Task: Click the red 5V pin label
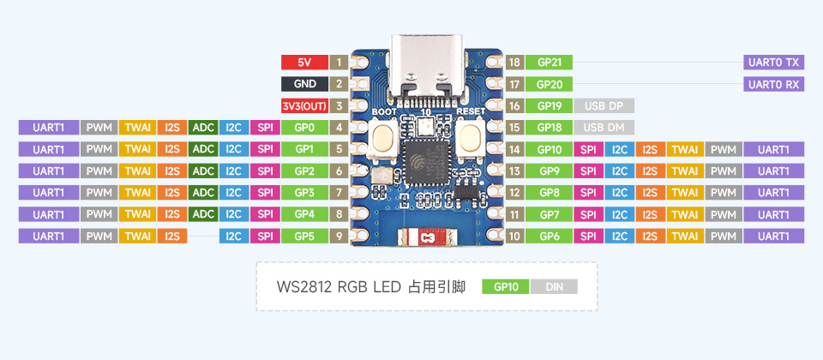click(x=304, y=63)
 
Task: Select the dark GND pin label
click(x=304, y=84)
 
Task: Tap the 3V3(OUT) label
click(x=304, y=106)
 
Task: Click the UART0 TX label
click(x=773, y=63)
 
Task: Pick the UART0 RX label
click(x=773, y=84)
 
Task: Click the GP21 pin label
click(x=549, y=63)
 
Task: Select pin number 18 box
click(x=514, y=63)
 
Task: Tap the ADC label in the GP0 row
click(x=203, y=128)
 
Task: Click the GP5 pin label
click(x=304, y=236)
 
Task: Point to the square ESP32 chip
click(x=424, y=167)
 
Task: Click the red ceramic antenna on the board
click(x=425, y=239)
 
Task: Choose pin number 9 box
click(x=340, y=236)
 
